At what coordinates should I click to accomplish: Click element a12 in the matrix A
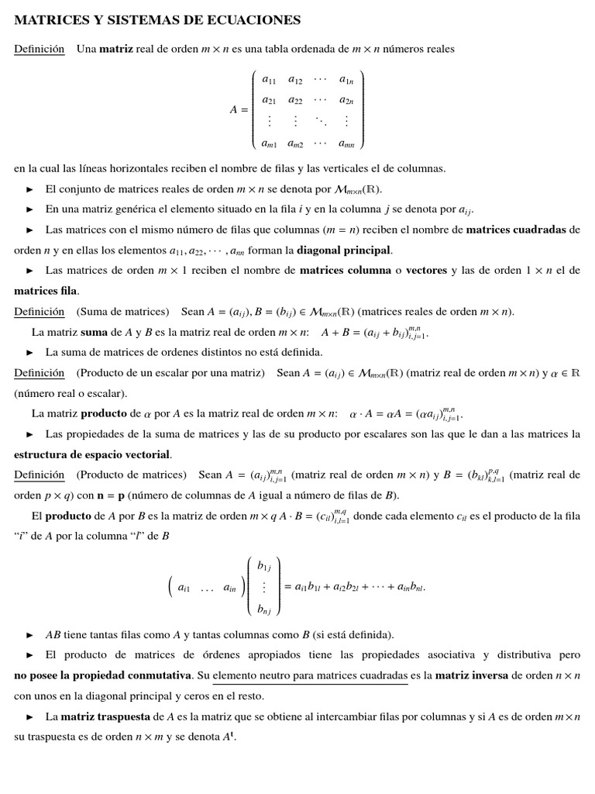[x=296, y=80]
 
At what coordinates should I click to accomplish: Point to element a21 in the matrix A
[x=270, y=100]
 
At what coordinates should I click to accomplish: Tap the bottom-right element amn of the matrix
[x=346, y=143]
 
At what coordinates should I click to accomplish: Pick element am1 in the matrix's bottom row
[x=270, y=143]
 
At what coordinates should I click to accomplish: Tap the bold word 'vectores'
[x=432, y=271]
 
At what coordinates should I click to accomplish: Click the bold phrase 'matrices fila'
[x=46, y=291]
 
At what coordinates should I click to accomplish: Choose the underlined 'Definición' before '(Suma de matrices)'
[x=40, y=312]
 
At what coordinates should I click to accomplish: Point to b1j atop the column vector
[x=264, y=567]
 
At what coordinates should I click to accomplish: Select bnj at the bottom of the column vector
[x=264, y=610]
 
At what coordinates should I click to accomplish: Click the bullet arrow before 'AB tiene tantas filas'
[x=30, y=634]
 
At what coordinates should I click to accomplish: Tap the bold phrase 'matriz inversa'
[x=472, y=675]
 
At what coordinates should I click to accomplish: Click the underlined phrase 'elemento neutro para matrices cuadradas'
[x=310, y=675]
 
